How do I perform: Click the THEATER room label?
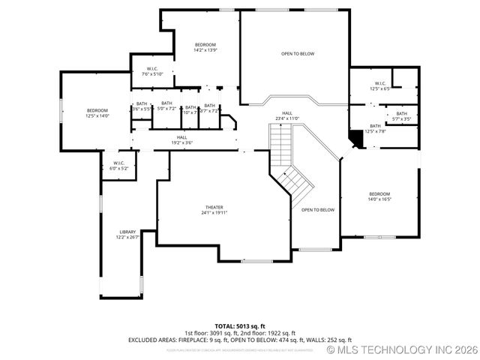tap(214, 210)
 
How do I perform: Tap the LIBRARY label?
tap(127, 235)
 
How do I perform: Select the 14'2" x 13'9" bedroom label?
tap(205, 47)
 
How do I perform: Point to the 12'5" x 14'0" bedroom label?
tap(97, 113)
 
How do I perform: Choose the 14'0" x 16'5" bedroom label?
tap(379, 196)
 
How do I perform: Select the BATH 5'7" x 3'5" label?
tap(402, 116)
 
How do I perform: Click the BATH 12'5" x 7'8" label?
tap(375, 129)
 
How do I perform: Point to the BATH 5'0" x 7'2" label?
tap(166, 106)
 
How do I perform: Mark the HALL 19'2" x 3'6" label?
tap(181, 139)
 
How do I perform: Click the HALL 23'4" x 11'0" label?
tap(287, 115)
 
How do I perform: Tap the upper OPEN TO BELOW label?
tap(298, 54)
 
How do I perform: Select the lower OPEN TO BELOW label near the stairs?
tap(318, 210)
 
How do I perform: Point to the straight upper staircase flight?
tap(280, 144)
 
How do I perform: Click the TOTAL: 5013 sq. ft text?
tap(240, 326)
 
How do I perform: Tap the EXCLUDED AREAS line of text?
tap(240, 340)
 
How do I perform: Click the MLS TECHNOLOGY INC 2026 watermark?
tap(403, 350)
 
